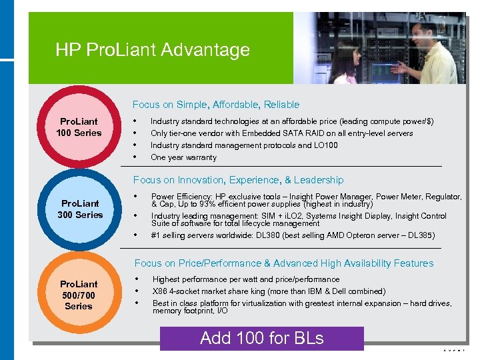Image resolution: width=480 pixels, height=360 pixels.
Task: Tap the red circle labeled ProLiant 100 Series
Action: [x=79, y=127]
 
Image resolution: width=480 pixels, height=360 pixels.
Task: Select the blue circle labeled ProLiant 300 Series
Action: [x=79, y=209]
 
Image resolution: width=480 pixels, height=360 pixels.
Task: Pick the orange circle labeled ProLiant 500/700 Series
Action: [x=79, y=295]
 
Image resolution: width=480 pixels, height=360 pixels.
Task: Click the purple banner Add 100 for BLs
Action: [x=262, y=338]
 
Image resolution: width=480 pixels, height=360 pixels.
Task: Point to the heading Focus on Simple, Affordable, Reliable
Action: [x=216, y=105]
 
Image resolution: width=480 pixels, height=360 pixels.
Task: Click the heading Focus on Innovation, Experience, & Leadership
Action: [x=238, y=180]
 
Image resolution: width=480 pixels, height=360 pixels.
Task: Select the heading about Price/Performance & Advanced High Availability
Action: [x=283, y=263]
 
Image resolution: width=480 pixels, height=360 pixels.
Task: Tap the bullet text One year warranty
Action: [x=183, y=157]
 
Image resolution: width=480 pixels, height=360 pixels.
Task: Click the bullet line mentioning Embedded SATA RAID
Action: [x=281, y=133]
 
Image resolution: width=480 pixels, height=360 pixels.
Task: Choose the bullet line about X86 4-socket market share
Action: [x=269, y=291]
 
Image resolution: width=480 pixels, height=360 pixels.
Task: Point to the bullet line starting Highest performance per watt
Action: [x=246, y=279]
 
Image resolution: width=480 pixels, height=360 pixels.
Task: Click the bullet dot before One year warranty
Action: [x=136, y=157]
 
